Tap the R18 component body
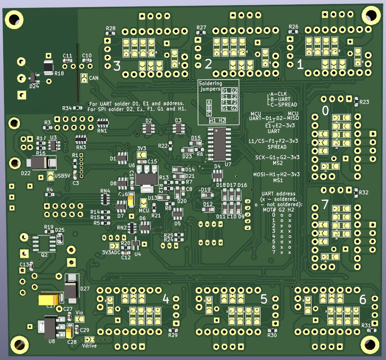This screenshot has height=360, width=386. click(48, 67)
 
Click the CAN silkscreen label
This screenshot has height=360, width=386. click(94, 78)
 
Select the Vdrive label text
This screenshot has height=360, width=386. click(89, 346)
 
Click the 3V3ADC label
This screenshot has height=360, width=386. click(111, 252)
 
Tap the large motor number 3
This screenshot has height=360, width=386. click(116, 66)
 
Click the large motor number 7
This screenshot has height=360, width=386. click(325, 205)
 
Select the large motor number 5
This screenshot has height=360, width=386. click(264, 299)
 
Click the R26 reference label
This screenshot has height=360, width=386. click(293, 27)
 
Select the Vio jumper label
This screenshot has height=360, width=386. click(79, 313)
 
